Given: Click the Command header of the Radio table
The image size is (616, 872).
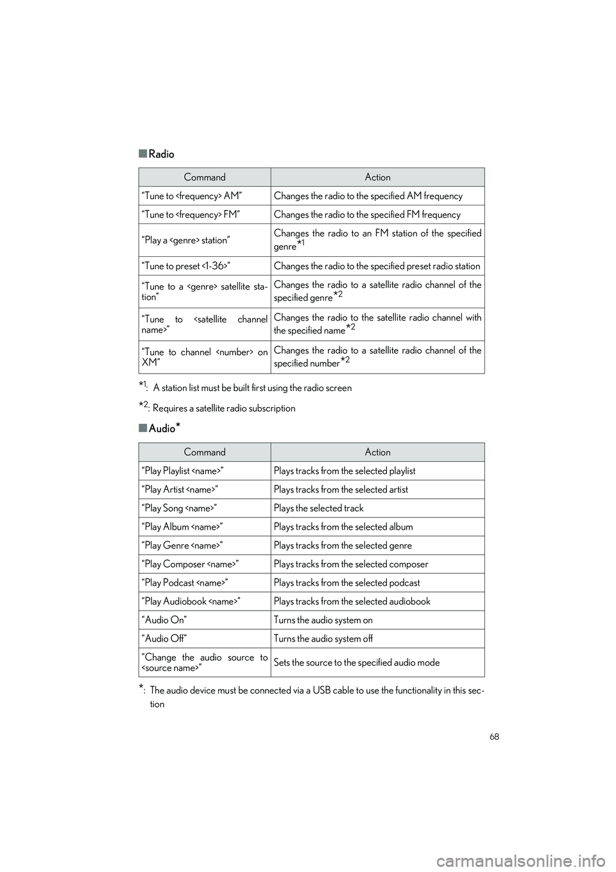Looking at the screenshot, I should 205,177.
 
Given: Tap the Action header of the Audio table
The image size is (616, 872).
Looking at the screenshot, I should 377,452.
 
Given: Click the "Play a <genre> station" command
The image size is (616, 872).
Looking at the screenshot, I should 185,240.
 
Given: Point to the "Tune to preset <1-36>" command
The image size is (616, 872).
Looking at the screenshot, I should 186,266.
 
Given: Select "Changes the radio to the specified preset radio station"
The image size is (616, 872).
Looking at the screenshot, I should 377,266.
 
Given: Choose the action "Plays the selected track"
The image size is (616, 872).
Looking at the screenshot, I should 318,508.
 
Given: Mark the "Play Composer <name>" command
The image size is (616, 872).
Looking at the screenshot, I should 191,564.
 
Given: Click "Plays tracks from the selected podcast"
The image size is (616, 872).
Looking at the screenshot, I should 346,582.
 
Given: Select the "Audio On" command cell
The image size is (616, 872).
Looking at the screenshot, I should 165,620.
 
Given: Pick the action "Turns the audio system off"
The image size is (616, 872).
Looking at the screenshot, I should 323,638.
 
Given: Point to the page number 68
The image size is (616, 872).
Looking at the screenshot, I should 493,737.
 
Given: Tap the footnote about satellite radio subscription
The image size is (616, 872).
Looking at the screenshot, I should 218,408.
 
